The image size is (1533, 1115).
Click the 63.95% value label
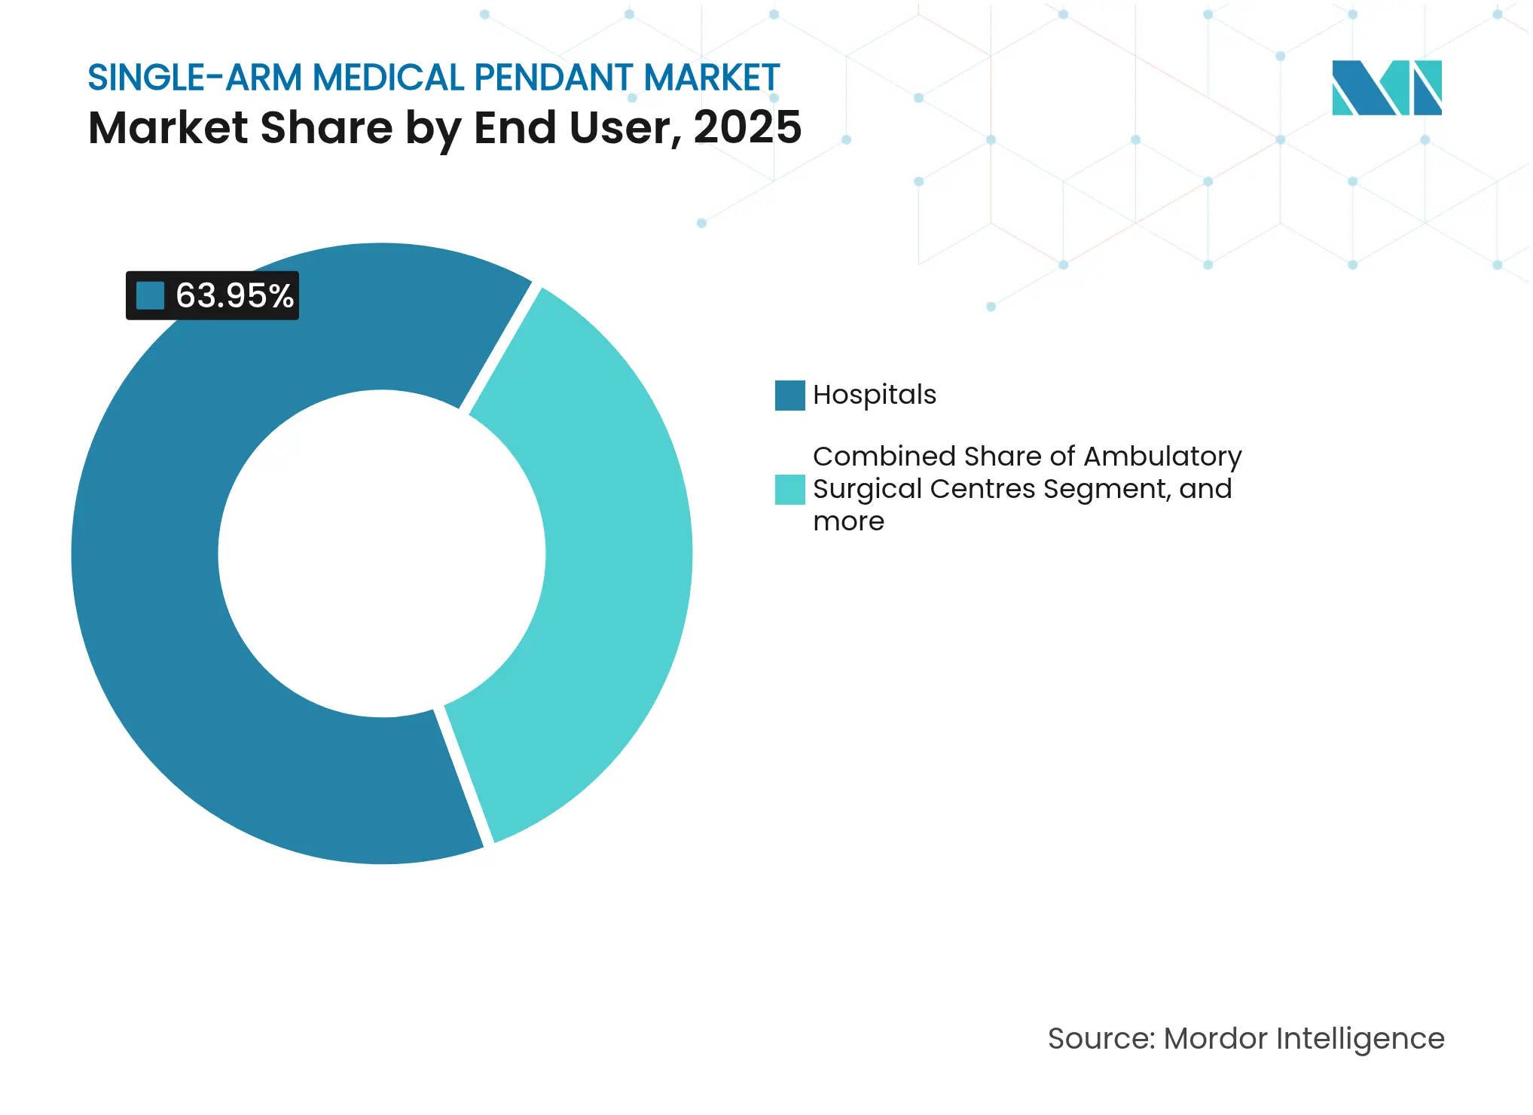tap(234, 295)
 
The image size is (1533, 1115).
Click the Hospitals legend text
tap(874, 395)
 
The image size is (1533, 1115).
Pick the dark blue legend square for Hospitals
tap(789, 396)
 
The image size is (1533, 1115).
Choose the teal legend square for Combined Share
tap(789, 489)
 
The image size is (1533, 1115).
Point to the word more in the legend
tap(848, 521)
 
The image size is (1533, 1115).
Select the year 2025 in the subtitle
tap(747, 127)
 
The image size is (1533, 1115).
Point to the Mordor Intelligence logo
tap(1386, 87)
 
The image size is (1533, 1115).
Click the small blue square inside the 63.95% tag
tap(150, 295)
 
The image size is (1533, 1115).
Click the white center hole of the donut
tap(382, 554)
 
